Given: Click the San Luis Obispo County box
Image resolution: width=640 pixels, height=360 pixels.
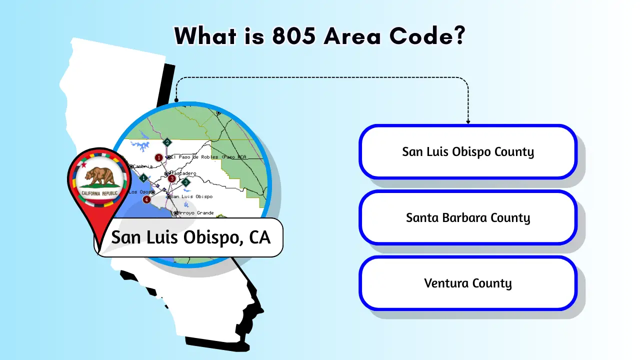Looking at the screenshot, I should point(468,152).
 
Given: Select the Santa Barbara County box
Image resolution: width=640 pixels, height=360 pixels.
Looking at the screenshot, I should point(468,217).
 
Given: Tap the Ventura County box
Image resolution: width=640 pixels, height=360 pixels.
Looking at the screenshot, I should point(468,283).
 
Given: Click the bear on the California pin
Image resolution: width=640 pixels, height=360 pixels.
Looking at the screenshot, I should point(99,175).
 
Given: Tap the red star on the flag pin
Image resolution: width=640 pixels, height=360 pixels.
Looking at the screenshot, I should point(84,165).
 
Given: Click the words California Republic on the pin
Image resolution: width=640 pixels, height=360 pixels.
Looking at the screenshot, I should point(99,193).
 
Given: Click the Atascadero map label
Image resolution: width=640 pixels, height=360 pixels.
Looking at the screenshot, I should point(184,173).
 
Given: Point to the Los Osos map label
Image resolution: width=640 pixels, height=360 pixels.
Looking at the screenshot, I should point(139,192).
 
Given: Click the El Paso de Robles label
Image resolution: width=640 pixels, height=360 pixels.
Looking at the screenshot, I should point(195,157).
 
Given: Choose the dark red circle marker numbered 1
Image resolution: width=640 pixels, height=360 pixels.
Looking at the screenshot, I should point(159,157).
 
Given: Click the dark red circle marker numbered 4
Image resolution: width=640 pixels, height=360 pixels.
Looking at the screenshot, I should point(146,199).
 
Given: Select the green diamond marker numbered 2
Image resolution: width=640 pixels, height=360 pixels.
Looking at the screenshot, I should point(167,142).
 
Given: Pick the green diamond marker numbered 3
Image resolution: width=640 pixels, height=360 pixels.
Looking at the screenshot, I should point(186,182).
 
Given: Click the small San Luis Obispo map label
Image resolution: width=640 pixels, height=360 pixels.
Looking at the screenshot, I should point(192,196).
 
